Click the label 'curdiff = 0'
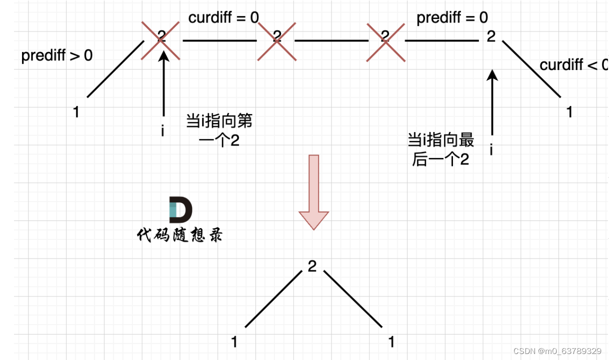pos(223,18)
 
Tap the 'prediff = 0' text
pos(452,18)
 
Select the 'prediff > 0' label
pos(57,55)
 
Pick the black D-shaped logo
pos(180,210)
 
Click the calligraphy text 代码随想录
pos(179,235)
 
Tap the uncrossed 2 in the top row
pos(491,36)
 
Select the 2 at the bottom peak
pos(312,266)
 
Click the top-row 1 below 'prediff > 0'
pos(76,112)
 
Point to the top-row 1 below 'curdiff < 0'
pos(569,112)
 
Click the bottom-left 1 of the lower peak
pos(234,342)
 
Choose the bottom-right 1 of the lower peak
pos(391,342)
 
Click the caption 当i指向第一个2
pos(219,130)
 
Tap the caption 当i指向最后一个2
pos(441,150)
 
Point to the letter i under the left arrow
pos(162,131)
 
